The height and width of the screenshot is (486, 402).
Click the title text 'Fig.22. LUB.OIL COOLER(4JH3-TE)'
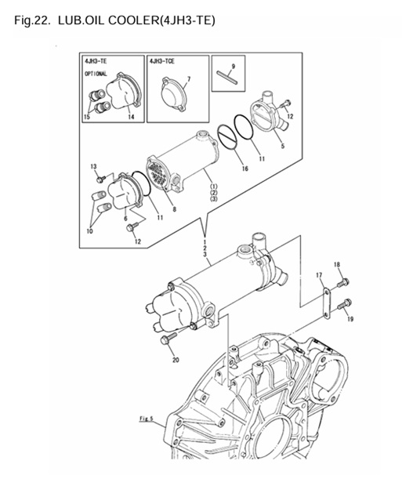(x=114, y=18)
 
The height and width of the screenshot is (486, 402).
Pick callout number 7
(x=187, y=79)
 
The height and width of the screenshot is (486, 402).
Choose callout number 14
(x=130, y=117)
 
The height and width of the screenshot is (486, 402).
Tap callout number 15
(x=87, y=118)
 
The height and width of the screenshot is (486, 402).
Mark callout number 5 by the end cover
(x=281, y=145)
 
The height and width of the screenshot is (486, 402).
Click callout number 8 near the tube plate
(x=173, y=209)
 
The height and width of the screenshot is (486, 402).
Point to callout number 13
(x=93, y=166)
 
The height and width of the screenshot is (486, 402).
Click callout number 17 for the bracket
(x=320, y=274)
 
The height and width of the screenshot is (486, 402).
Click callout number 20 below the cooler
(x=175, y=360)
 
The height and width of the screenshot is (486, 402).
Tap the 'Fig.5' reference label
(x=147, y=419)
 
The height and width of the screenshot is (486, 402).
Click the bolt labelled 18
(x=343, y=281)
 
